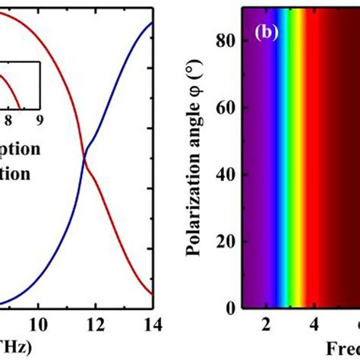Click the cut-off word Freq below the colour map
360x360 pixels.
pos(343,347)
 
